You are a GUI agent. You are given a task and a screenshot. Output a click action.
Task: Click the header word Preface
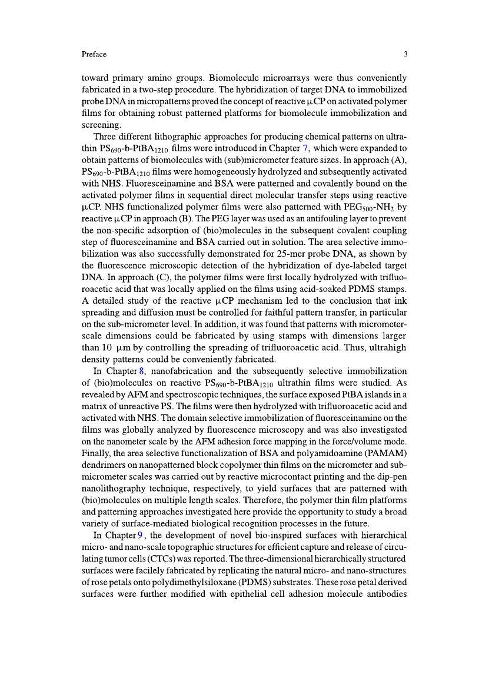(x=94, y=55)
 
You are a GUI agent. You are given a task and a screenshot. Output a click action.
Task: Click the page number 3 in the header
(x=405, y=55)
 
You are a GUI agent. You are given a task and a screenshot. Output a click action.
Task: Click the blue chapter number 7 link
(x=305, y=149)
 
